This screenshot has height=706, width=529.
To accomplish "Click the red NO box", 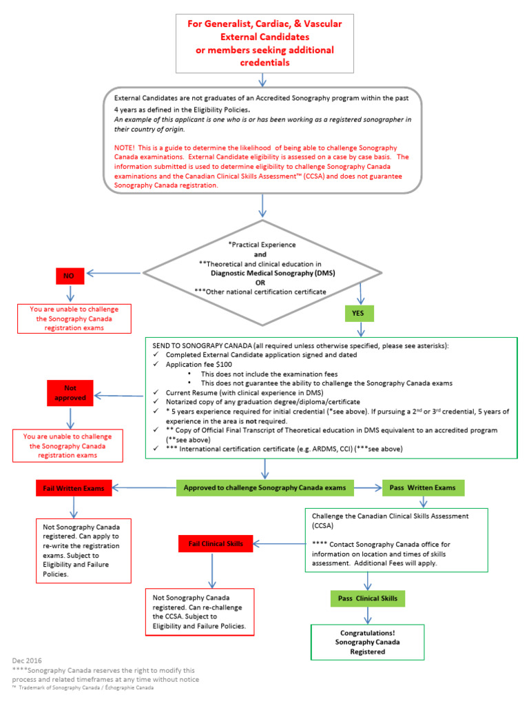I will click(70, 275).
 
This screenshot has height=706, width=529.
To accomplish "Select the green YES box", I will click(359, 313).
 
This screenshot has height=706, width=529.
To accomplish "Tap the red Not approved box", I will click(70, 393).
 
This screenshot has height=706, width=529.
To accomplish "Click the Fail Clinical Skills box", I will click(216, 544).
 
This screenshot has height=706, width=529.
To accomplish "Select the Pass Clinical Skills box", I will click(367, 598).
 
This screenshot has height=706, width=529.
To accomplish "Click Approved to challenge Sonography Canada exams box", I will click(264, 488).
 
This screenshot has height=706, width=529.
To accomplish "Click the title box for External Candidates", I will click(264, 43).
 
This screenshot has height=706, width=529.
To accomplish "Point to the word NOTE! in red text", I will click(127, 148).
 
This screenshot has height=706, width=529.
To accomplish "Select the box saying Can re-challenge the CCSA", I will click(200, 612).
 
